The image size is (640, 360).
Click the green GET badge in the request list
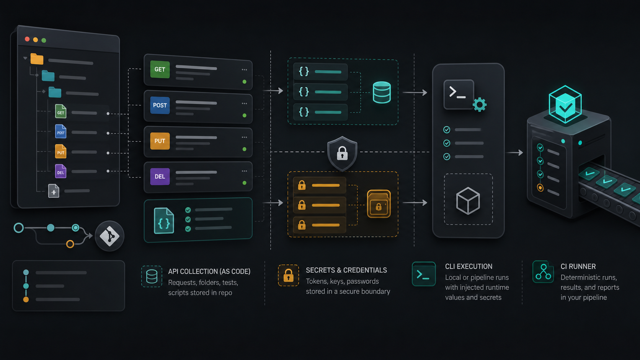point(160,69)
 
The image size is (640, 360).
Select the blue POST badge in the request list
point(160,105)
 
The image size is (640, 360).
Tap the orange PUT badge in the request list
point(160,141)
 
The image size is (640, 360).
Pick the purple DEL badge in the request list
point(160,176)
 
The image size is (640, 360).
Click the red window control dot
point(27,39)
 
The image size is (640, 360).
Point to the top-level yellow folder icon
point(37,59)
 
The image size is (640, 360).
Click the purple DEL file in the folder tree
point(60,171)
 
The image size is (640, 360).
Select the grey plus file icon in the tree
point(54,191)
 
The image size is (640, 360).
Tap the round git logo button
point(109,236)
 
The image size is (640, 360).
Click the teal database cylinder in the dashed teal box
point(382,92)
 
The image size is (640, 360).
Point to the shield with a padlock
point(342,153)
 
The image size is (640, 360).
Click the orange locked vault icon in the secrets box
point(379,204)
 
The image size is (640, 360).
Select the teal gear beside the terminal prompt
point(480,105)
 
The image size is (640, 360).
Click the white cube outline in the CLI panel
point(468,201)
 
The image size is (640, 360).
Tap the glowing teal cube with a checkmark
point(565,104)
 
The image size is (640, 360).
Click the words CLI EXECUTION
point(469,266)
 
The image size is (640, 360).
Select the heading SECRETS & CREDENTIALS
point(346,270)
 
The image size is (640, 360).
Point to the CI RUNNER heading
point(578,266)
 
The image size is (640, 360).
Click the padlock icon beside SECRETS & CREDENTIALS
point(288,275)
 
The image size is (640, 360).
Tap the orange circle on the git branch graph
point(70,244)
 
